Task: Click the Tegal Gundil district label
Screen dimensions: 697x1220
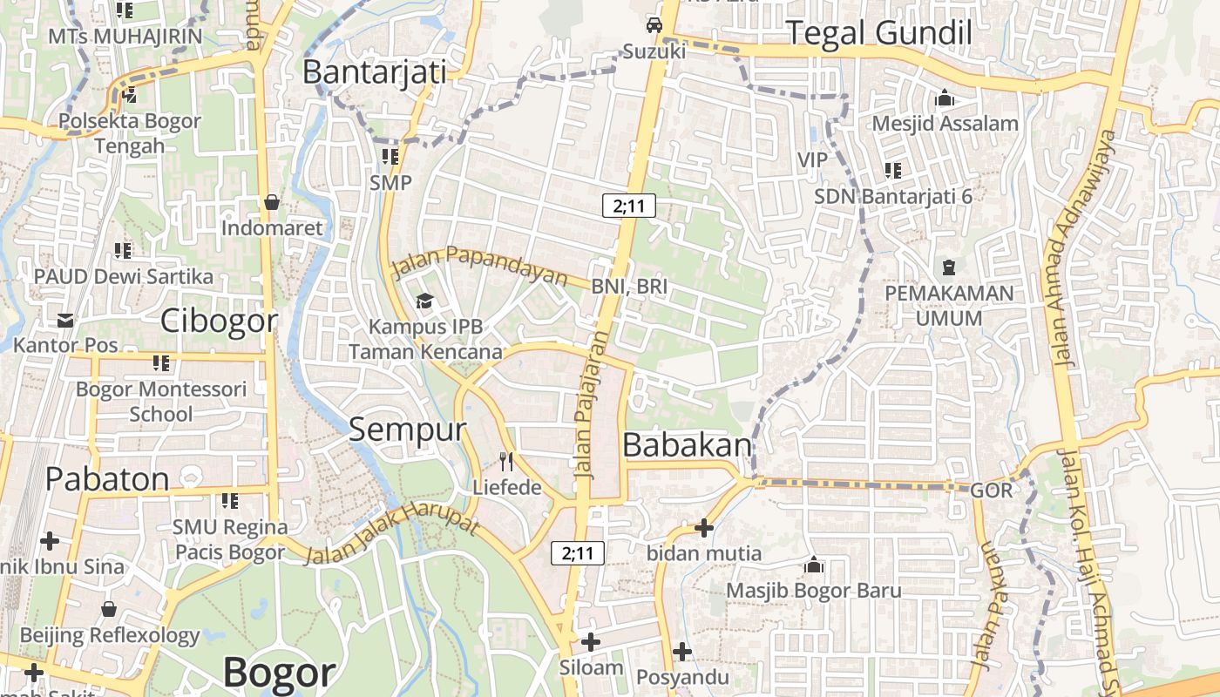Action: click(878, 33)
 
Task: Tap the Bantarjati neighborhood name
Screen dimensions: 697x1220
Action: click(374, 71)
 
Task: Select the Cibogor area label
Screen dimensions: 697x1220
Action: click(219, 321)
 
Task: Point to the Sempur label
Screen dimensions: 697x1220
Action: click(408, 429)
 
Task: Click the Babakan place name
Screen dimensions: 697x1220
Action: click(687, 445)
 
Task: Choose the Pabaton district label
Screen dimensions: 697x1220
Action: click(107, 479)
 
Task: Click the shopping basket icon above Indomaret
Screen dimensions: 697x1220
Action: click(272, 202)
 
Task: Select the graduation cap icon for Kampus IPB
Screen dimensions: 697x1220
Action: click(424, 301)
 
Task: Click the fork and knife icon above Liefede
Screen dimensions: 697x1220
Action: click(506, 461)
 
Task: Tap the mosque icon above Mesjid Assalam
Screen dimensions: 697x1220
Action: click(945, 98)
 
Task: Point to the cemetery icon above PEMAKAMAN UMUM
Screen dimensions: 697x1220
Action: click(949, 267)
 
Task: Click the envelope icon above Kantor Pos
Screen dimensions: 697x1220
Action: click(65, 320)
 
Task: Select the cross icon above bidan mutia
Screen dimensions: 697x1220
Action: click(704, 528)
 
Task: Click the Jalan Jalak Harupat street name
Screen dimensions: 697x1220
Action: click(393, 527)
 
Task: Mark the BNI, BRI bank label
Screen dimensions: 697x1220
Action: click(629, 287)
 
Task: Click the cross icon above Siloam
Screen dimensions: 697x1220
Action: click(591, 643)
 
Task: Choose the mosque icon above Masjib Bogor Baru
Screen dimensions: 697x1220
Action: click(814, 565)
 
